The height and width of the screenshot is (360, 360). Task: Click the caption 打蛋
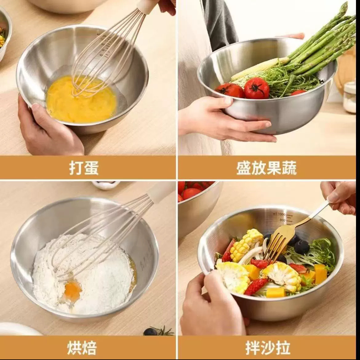pyautogui.click(x=84, y=168)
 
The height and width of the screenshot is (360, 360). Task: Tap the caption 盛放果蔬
pyautogui.click(x=266, y=168)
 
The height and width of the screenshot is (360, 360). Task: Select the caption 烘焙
pyautogui.click(x=82, y=348)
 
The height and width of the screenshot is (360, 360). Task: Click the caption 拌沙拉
pyautogui.click(x=268, y=348)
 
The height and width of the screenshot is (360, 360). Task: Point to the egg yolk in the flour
pyautogui.click(x=73, y=291)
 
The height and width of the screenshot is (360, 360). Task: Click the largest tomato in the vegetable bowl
pyautogui.click(x=256, y=88)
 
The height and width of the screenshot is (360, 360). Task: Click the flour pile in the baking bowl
pyautogui.click(x=92, y=274)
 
